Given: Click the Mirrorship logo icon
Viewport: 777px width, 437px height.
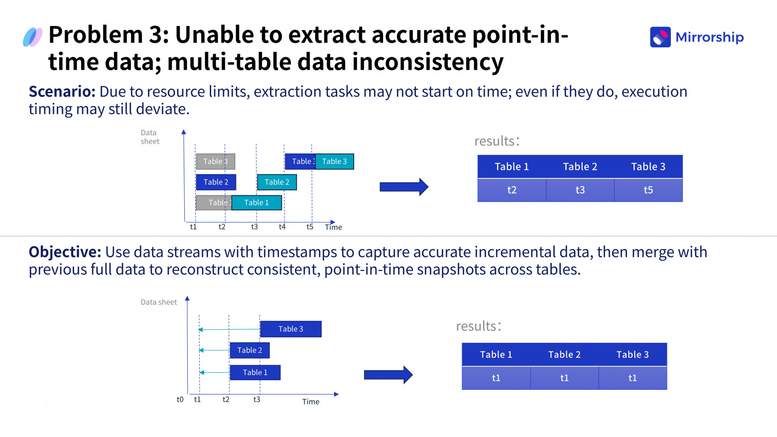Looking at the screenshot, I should tap(660, 37).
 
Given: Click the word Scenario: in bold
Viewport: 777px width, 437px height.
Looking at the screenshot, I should tap(62, 92).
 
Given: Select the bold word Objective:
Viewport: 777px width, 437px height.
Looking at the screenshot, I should tap(65, 252).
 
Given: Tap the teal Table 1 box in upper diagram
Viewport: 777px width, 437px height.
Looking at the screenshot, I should tap(257, 203).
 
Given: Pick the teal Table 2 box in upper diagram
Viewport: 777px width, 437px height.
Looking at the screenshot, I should tap(277, 182).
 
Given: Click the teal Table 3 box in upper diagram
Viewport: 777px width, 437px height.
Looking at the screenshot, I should tap(334, 161).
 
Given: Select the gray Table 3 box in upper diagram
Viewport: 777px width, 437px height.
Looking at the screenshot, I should tap(215, 161).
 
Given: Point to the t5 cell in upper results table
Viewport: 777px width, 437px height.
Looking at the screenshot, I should tap(648, 190).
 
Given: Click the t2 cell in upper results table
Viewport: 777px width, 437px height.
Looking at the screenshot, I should tap(512, 190).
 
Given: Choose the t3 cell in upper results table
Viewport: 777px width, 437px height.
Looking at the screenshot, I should tap(580, 190).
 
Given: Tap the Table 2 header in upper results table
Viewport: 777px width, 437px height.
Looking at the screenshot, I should tap(580, 167).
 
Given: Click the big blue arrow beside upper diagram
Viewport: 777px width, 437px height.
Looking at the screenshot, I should tap(403, 187).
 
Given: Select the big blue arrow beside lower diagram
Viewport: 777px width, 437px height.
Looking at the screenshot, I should tap(388, 375).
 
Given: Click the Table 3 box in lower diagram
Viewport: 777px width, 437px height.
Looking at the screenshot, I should tap(291, 329).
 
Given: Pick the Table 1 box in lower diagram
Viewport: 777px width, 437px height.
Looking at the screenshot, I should tap(255, 373).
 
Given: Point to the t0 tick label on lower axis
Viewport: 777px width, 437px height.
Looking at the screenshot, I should tap(180, 400).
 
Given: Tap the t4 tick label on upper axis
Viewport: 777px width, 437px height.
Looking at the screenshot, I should tap(282, 227).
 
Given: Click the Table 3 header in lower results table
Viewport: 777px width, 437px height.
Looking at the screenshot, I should tap(632, 355).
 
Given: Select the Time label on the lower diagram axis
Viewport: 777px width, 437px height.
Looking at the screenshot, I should tap(311, 402).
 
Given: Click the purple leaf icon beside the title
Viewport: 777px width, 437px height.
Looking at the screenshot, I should tap(32, 37).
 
